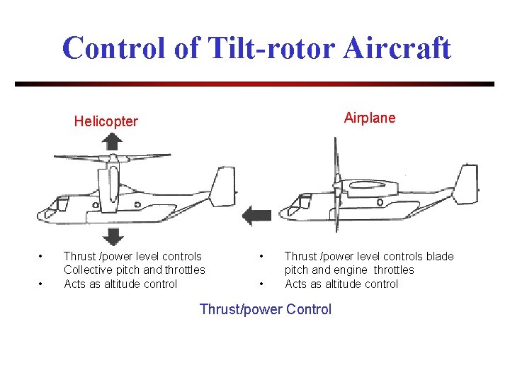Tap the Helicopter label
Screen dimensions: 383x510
click(106, 121)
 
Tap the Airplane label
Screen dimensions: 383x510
click(370, 118)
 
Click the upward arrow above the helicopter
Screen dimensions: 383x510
click(112, 142)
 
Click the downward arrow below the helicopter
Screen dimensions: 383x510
click(112, 236)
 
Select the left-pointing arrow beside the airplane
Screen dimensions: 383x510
click(256, 215)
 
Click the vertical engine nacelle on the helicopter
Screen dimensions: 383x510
click(110, 188)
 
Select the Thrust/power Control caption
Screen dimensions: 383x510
click(266, 309)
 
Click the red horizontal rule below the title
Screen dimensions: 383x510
click(255, 84)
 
